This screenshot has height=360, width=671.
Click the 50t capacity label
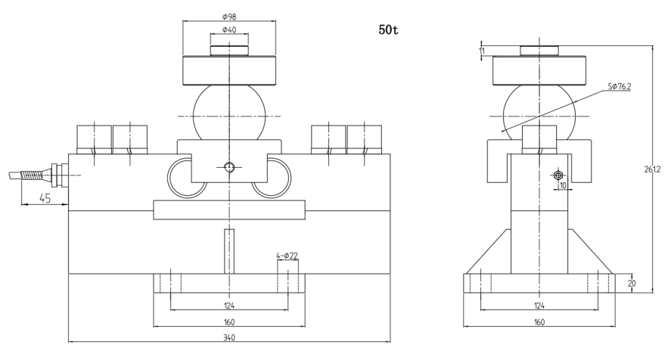pos(389,33)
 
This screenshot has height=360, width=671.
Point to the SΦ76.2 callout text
pos(620,87)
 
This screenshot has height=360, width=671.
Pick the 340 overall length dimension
pos(229,337)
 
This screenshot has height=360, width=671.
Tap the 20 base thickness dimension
pos(631,283)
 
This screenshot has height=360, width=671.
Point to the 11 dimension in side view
pos(482,51)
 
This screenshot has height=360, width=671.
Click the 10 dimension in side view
pos(564,185)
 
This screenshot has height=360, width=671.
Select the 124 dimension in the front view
pos(229,306)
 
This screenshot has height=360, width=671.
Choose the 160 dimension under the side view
pos(539,321)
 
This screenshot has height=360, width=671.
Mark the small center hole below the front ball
pos(228,166)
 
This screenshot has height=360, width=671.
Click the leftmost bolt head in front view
pos(94,138)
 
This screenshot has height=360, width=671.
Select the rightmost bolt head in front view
pos(364,138)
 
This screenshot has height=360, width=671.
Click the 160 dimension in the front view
pos(229,321)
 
